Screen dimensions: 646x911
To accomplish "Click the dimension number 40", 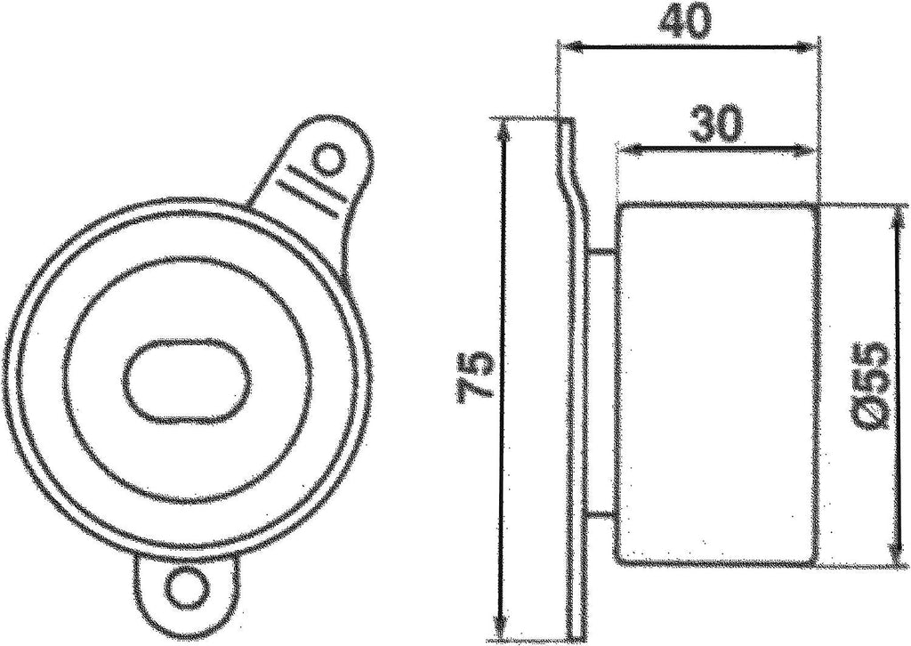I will click(x=687, y=22).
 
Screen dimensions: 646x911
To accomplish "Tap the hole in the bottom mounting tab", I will click(x=187, y=586).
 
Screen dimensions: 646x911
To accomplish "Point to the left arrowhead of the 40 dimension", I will click(x=566, y=44).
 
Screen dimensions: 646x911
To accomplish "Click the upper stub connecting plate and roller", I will click(x=602, y=253).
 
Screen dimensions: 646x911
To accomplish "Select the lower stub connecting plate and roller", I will click(x=602, y=514).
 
